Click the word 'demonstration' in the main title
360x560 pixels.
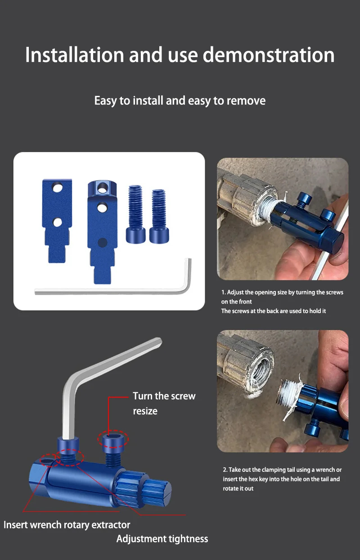[x=268, y=55]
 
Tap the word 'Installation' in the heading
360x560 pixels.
[x=74, y=55]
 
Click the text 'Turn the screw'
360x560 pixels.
[x=164, y=396]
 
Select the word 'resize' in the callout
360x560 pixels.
[x=145, y=411]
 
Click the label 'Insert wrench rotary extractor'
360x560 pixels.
[x=67, y=524]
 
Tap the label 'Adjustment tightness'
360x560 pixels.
[x=162, y=539]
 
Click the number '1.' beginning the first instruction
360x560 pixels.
[x=223, y=292]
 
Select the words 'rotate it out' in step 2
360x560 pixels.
[x=238, y=488]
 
